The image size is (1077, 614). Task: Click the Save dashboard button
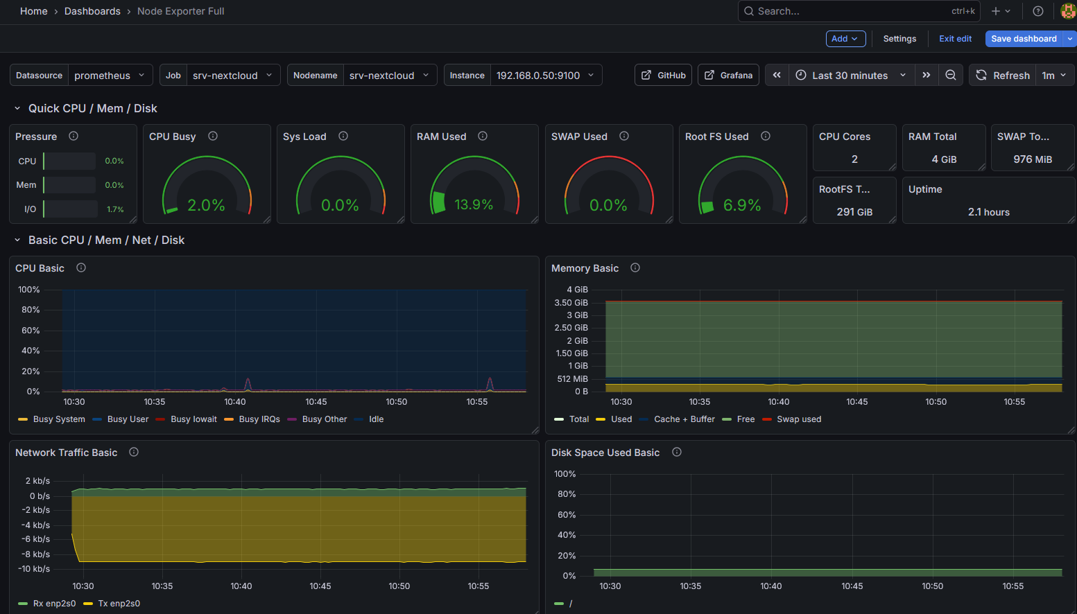pyautogui.click(x=1023, y=39)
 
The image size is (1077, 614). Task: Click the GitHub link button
pyautogui.click(x=663, y=76)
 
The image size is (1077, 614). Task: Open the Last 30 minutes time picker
pyautogui.click(x=850, y=76)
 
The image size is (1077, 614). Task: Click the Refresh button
pyautogui.click(x=1003, y=76)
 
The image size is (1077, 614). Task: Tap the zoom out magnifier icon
pyautogui.click(x=951, y=76)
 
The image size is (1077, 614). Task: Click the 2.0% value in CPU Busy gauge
pyautogui.click(x=206, y=205)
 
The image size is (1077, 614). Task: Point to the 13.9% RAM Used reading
pyautogui.click(x=474, y=204)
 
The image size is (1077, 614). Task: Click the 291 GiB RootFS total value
pyautogui.click(x=854, y=212)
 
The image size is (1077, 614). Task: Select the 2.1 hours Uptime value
pyautogui.click(x=988, y=212)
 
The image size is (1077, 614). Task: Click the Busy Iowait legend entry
pyautogui.click(x=193, y=419)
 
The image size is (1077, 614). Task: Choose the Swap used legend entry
pyautogui.click(x=798, y=419)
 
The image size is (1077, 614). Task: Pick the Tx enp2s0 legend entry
pyautogui.click(x=119, y=604)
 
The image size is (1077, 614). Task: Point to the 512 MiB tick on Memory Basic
pyautogui.click(x=572, y=379)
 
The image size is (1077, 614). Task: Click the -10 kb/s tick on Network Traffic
pyautogui.click(x=34, y=569)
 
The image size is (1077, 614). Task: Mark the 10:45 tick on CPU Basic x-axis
pyautogui.click(x=316, y=402)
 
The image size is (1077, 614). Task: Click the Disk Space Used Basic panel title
pyautogui.click(x=605, y=453)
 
